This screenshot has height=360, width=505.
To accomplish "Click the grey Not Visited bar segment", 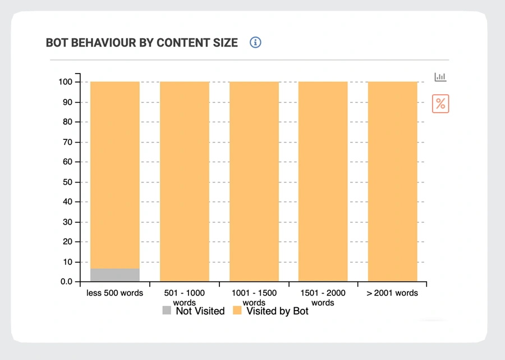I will (x=114, y=275).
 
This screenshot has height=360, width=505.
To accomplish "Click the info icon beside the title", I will (x=256, y=43).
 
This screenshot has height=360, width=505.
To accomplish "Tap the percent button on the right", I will (x=440, y=103).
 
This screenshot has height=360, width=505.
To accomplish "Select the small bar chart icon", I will (x=440, y=77).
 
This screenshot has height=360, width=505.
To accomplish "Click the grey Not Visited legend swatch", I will (x=167, y=311).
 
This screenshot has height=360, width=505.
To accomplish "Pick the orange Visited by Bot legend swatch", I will (x=237, y=311).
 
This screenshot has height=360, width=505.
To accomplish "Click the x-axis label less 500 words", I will (x=114, y=293).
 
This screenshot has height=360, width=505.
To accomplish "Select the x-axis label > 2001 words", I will (x=392, y=293).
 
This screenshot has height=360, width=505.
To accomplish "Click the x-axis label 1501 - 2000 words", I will (x=323, y=298).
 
